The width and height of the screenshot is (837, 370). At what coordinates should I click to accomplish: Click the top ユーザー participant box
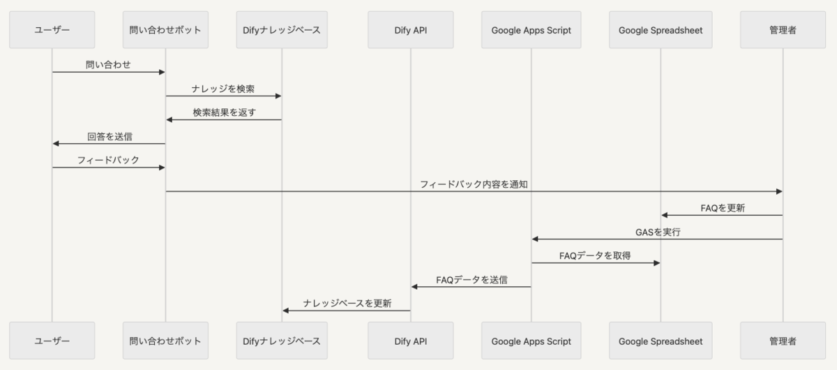coord(52,30)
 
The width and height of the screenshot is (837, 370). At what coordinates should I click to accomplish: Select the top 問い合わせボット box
coord(165,30)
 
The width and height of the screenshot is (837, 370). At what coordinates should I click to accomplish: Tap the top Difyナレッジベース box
coord(282,30)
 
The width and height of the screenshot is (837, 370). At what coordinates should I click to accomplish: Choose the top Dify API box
coord(411,30)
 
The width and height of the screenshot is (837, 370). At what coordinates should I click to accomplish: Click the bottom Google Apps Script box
coord(531,341)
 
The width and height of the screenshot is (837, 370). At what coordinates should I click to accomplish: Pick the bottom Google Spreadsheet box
coord(661,341)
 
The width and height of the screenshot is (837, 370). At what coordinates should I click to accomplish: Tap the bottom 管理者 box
coord(783,341)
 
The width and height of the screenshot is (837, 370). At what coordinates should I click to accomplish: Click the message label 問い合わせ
coord(108,65)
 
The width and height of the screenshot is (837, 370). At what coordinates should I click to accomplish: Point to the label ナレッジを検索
coord(223,89)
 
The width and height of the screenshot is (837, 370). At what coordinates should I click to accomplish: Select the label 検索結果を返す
coord(224,112)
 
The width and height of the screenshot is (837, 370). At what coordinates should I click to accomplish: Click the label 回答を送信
coord(110,137)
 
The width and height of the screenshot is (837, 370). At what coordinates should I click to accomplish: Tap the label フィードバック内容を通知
coord(474,184)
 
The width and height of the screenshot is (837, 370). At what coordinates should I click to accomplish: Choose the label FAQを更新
coord(723,208)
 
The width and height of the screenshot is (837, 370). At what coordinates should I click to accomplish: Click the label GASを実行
coord(658,232)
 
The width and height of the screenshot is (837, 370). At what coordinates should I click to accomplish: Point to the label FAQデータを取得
coord(595,256)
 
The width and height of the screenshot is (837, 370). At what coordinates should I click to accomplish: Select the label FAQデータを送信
coord(472,280)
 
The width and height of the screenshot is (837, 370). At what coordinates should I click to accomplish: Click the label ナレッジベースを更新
coord(347,304)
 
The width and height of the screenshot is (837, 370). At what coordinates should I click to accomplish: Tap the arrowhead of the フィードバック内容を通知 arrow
coord(780,191)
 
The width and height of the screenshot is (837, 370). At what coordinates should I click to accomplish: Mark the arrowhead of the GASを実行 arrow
coord(535,239)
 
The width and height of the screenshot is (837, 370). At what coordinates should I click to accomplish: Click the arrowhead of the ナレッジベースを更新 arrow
coord(286,311)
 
